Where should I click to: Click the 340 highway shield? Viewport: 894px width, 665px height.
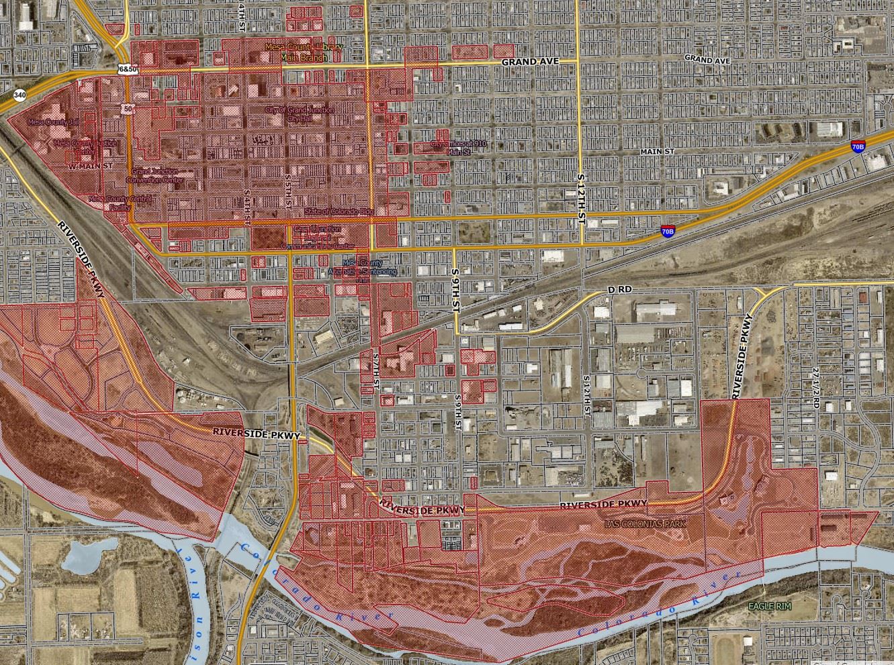click(x=19, y=95)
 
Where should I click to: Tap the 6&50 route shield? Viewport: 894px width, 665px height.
click(x=128, y=69)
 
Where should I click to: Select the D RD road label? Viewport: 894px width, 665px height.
click(x=620, y=289)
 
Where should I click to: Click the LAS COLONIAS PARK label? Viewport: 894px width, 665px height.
click(x=645, y=523)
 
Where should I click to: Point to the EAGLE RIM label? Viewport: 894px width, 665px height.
click(x=770, y=606)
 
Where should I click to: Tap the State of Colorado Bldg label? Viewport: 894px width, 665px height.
click(x=339, y=211)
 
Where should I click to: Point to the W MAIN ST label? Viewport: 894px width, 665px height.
click(x=91, y=165)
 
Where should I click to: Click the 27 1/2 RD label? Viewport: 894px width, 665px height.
click(x=816, y=388)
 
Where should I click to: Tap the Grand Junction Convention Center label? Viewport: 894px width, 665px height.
click(x=158, y=176)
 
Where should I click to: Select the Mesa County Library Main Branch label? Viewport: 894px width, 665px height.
click(x=304, y=52)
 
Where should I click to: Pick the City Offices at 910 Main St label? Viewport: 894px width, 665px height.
click(x=459, y=148)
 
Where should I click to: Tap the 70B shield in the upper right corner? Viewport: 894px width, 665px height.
click(x=858, y=146)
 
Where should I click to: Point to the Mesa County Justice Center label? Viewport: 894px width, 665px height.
click(x=85, y=146)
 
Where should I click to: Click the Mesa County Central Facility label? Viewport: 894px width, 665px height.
click(x=120, y=203)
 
